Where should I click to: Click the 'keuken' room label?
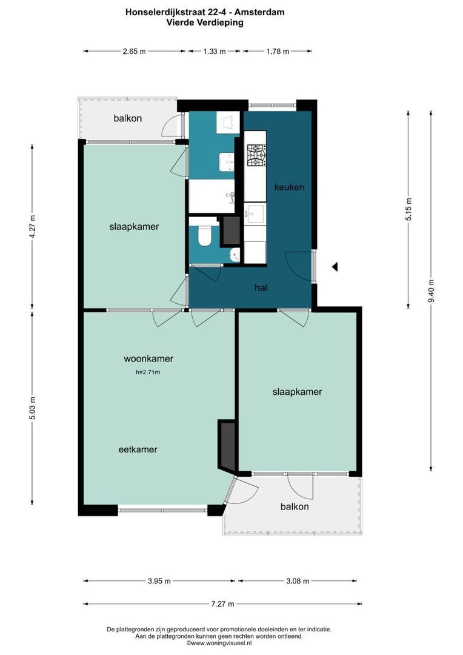289,187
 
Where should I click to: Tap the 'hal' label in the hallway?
261,287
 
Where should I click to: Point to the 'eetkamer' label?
138,449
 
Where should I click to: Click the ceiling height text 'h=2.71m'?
148,372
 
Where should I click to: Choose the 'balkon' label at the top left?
128,118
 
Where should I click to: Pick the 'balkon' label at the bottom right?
295,506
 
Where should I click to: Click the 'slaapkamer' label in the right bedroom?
297,392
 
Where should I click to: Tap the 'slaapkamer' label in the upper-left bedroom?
134,226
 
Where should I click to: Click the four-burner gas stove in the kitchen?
256,155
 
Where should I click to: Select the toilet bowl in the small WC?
204,237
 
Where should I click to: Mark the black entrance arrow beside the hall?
334,266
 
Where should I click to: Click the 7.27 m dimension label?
222,603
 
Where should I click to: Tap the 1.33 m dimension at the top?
214,52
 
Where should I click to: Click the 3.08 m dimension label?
298,581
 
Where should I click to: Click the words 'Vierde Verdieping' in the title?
205,22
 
